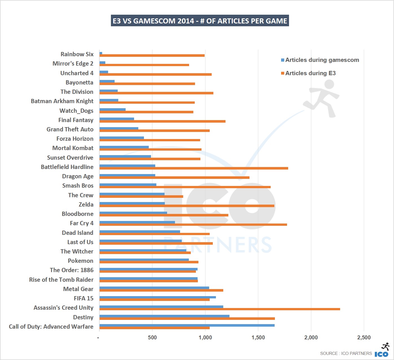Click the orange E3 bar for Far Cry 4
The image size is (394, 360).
click(193, 225)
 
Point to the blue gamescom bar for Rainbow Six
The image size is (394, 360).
click(101, 53)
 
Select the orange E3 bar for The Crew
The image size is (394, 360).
click(141, 196)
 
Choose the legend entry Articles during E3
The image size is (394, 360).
click(310, 73)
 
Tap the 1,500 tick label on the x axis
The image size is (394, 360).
click(258, 337)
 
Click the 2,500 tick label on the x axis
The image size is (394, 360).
click(364, 337)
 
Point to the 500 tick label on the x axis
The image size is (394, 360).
click(152, 337)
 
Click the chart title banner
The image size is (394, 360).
click(200, 21)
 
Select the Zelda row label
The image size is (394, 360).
click(86, 204)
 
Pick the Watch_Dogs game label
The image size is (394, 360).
click(76, 110)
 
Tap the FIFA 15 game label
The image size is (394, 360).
click(84, 298)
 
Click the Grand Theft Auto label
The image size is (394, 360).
click(70, 129)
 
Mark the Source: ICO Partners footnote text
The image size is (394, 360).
click(346, 354)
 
